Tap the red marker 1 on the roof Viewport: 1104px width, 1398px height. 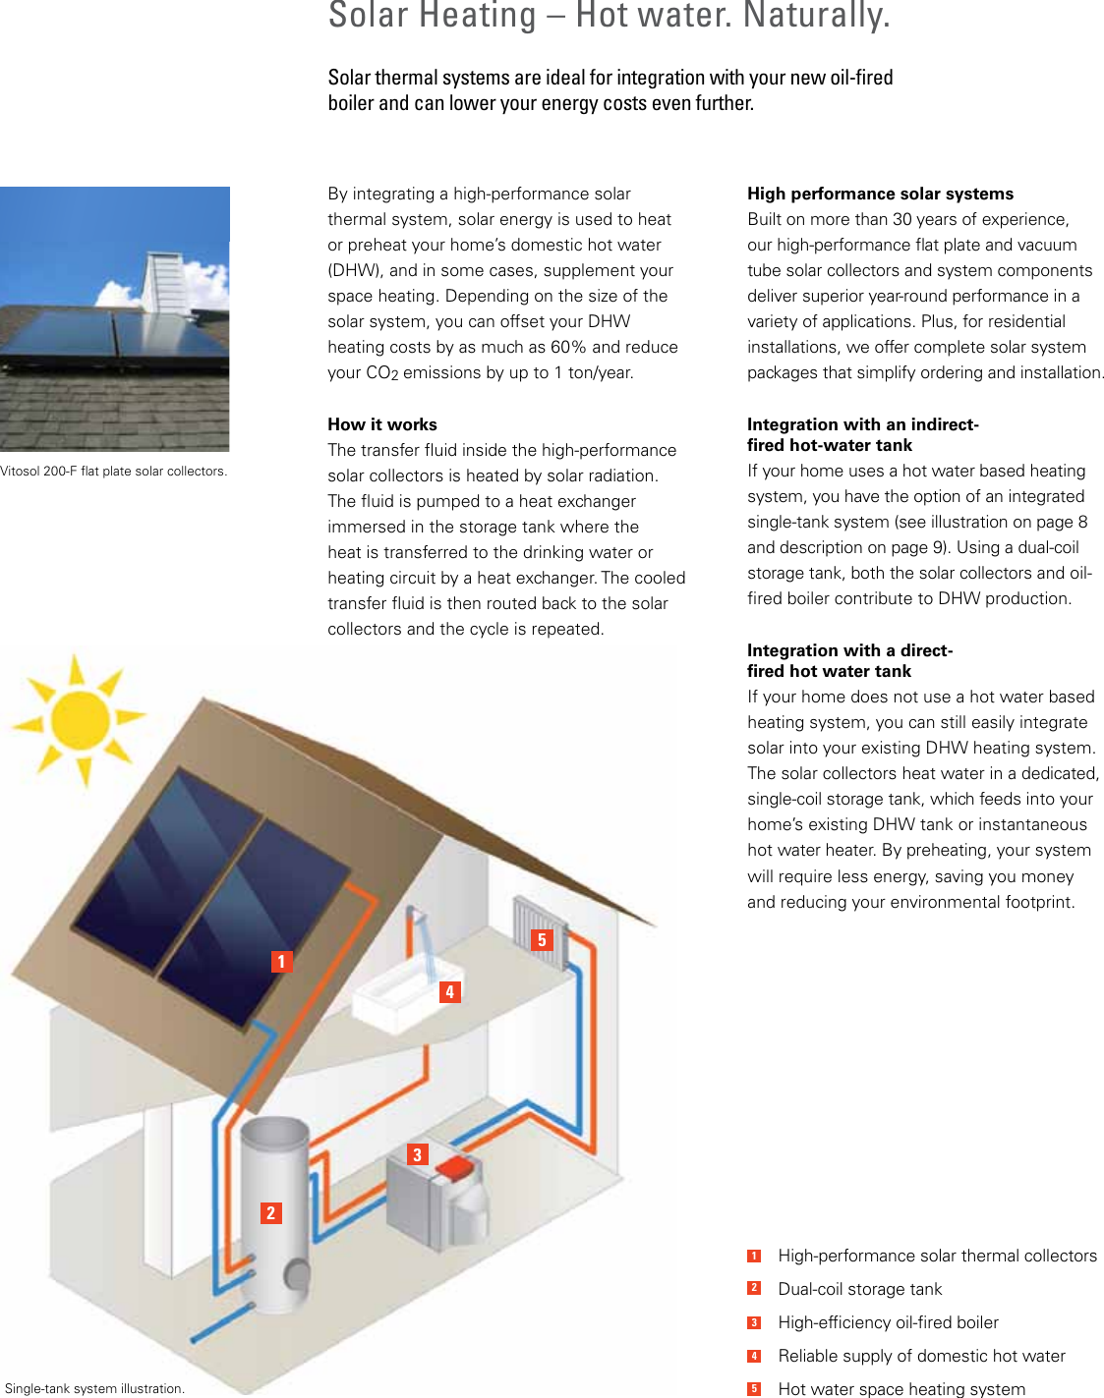click(281, 962)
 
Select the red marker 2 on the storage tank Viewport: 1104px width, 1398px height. click(270, 1213)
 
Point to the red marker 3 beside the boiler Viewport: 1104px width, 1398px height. click(417, 1155)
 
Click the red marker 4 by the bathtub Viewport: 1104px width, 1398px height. click(449, 992)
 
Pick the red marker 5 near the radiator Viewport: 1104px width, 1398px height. click(541, 940)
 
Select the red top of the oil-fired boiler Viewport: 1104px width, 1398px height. click(456, 1168)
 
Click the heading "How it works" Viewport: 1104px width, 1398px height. click(382, 424)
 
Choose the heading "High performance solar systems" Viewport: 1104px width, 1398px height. click(880, 194)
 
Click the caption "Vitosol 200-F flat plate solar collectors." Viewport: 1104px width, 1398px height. click(113, 472)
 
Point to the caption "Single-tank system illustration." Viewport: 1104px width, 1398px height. click(94, 1388)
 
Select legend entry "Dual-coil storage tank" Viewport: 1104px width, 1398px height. click(859, 1289)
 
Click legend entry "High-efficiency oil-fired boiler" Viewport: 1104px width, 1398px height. click(888, 1322)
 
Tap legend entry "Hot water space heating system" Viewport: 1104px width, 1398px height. click(901, 1388)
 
